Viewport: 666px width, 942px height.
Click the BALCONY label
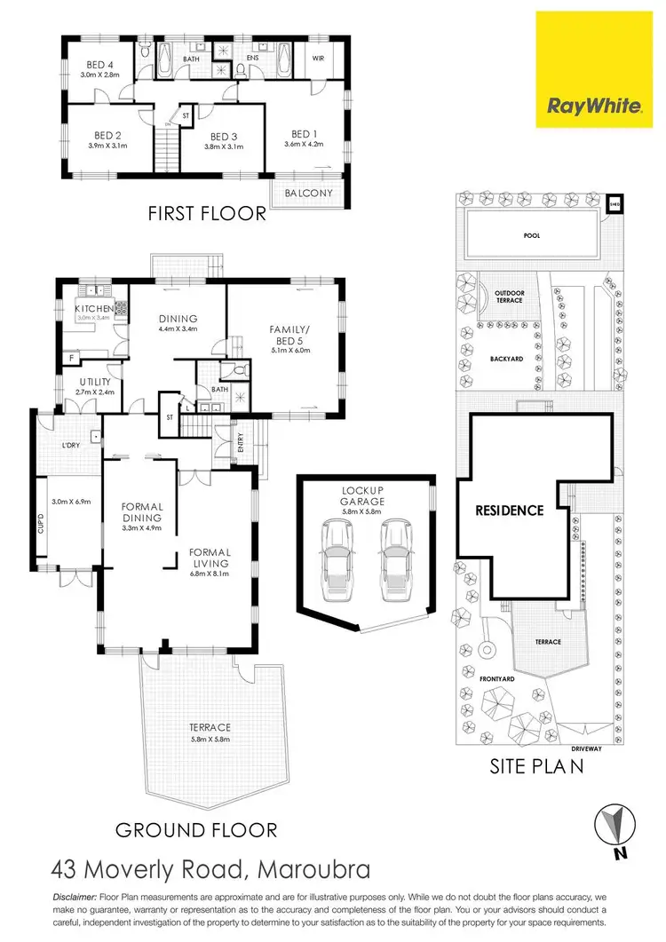(x=308, y=194)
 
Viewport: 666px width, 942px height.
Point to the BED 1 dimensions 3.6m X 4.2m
(x=305, y=145)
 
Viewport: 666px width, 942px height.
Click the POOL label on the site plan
(x=532, y=236)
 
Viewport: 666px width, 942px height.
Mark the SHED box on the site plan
(x=613, y=203)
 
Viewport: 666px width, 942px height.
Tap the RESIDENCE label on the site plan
(x=509, y=511)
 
